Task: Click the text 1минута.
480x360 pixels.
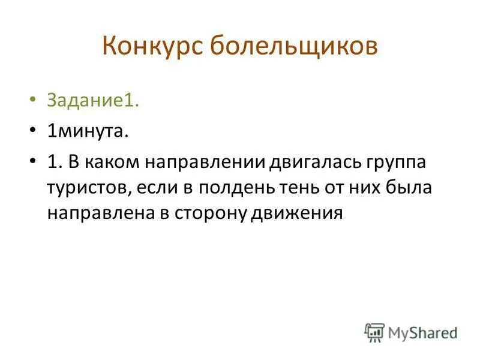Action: tap(88, 131)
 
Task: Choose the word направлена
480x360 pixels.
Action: tap(96, 214)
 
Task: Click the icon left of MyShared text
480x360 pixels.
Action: tap(374, 331)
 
